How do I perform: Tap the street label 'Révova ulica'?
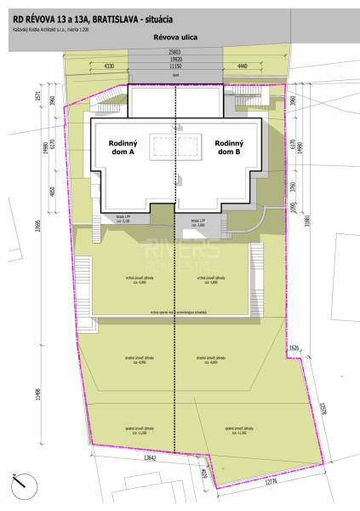coord(174,37)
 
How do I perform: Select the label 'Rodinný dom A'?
coord(123,148)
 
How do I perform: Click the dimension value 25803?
coord(174,52)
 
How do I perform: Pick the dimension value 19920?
coord(174,59)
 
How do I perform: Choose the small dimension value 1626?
coord(294,347)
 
